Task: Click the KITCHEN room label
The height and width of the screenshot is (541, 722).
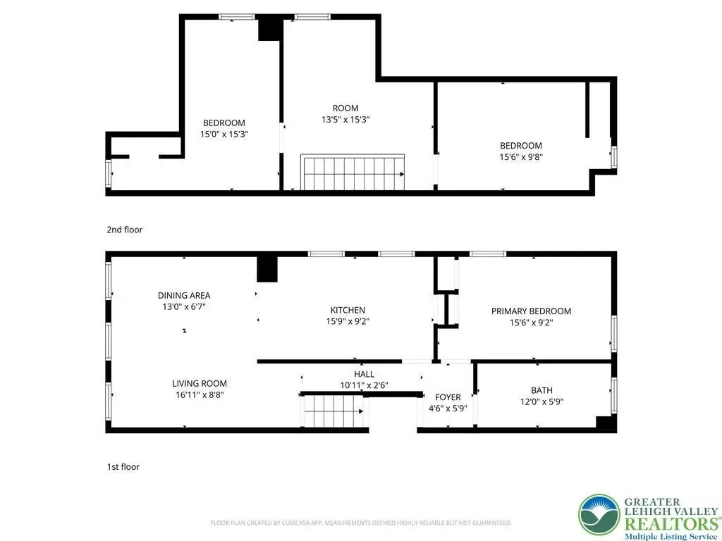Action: pyautogui.click(x=348, y=311)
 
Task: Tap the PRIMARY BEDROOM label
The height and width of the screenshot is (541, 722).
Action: pyautogui.click(x=531, y=311)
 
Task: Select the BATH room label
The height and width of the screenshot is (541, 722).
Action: pyautogui.click(x=541, y=390)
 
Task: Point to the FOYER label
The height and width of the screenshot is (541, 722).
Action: pyautogui.click(x=448, y=397)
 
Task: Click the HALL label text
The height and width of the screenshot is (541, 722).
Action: pyautogui.click(x=364, y=375)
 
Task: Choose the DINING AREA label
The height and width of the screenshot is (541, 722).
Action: pyautogui.click(x=184, y=296)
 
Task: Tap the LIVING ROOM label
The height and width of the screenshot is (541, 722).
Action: pyautogui.click(x=200, y=384)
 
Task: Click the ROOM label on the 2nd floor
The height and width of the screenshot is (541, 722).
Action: pyautogui.click(x=345, y=108)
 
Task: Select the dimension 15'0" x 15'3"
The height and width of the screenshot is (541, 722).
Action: pyautogui.click(x=224, y=135)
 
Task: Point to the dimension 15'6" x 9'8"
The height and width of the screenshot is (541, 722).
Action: pyautogui.click(x=521, y=157)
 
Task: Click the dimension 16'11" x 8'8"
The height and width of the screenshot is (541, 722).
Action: pyautogui.click(x=200, y=394)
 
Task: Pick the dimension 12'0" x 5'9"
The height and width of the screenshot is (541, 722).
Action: pyautogui.click(x=541, y=402)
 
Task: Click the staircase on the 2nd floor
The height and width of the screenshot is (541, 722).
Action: pyautogui.click(x=353, y=172)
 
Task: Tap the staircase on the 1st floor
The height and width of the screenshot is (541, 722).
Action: pyautogui.click(x=334, y=411)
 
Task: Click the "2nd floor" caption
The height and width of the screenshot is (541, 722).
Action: pyautogui.click(x=124, y=230)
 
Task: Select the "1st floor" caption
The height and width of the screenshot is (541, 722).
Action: pyautogui.click(x=123, y=466)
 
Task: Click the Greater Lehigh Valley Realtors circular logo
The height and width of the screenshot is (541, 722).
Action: pyautogui.click(x=599, y=515)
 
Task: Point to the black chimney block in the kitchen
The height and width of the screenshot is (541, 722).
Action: pyautogui.click(x=267, y=269)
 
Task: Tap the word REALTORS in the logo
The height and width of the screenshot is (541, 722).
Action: pyautogui.click(x=670, y=523)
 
